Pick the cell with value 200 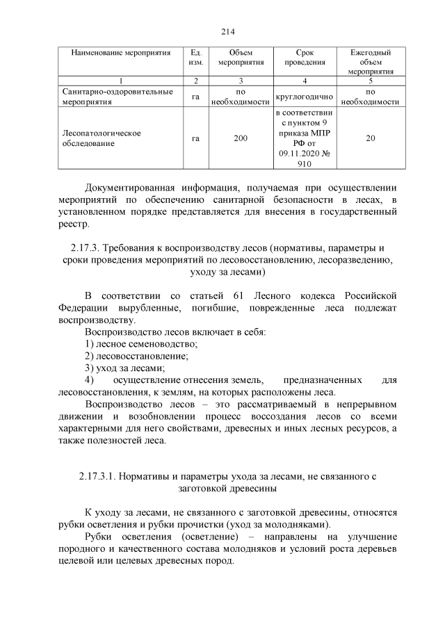tap(241, 138)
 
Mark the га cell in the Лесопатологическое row tap(196, 138)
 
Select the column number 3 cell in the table tap(241, 80)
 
